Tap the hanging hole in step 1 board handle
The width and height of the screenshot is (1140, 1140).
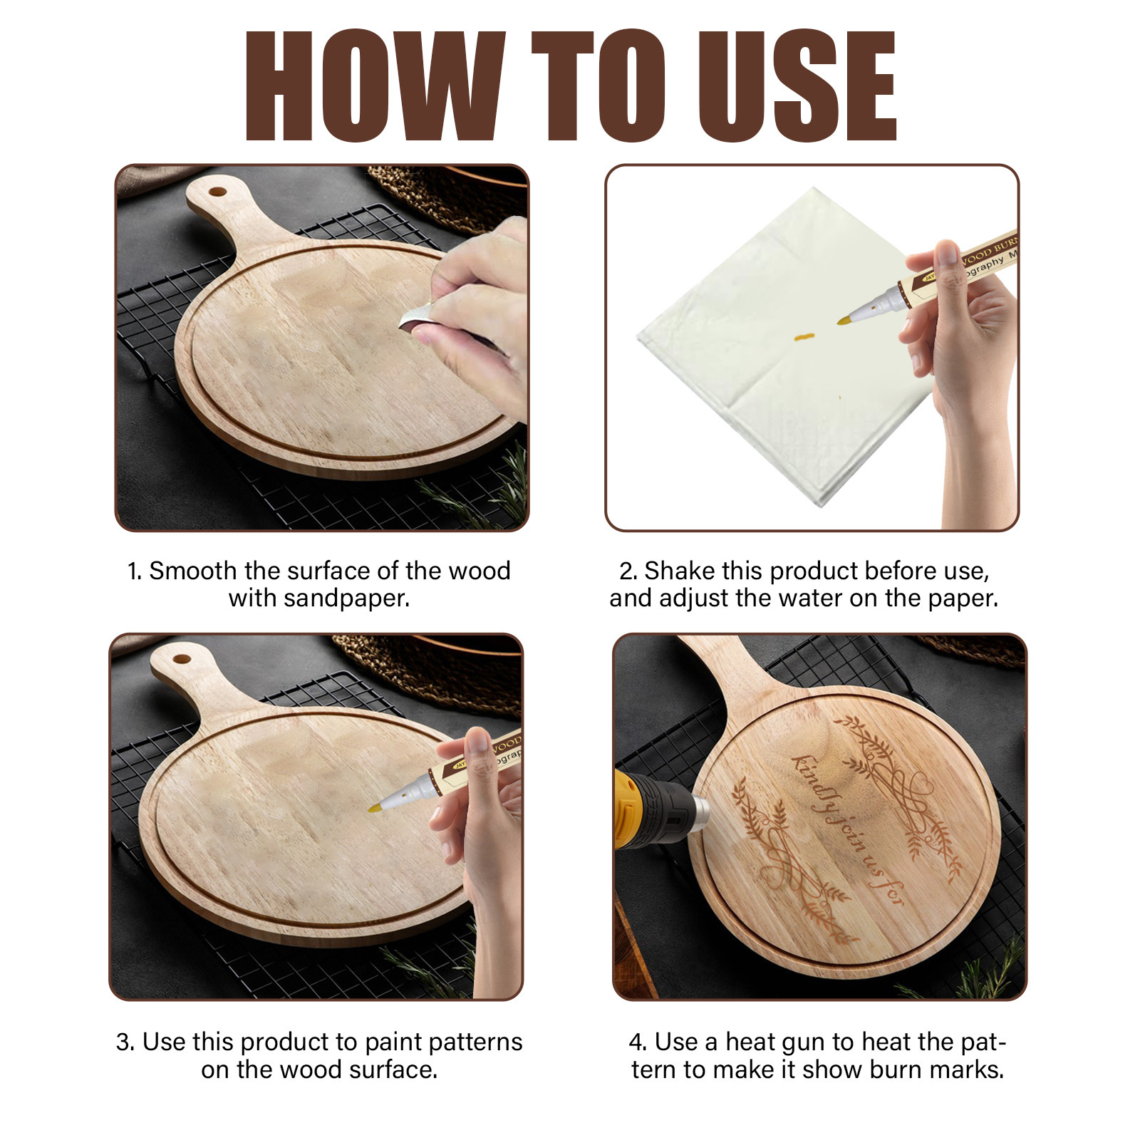(217, 192)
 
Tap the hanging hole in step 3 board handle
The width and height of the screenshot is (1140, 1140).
(182, 658)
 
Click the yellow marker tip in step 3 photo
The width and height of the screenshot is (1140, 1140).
(375, 807)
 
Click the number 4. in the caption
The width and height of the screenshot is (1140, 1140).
(638, 1042)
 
